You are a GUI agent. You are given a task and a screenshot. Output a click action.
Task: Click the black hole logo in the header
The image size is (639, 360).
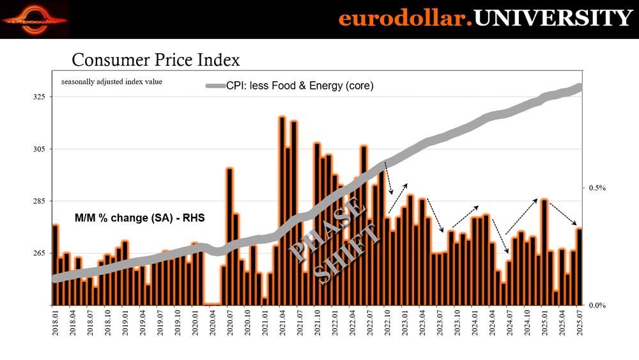35,20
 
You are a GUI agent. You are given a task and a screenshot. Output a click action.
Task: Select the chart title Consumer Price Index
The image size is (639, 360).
155,60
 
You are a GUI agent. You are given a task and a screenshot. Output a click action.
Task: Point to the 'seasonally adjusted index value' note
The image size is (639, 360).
111,82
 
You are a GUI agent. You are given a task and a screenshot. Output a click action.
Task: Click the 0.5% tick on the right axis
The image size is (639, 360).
596,188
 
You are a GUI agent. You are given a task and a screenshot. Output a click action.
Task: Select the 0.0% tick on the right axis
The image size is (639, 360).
596,305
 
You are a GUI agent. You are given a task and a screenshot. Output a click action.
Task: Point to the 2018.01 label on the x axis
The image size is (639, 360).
56,322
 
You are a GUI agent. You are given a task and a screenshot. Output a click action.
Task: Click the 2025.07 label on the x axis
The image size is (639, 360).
579,322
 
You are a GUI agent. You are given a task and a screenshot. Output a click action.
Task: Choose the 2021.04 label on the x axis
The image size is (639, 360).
282,322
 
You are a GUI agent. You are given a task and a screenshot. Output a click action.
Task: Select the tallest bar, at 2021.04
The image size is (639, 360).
282,211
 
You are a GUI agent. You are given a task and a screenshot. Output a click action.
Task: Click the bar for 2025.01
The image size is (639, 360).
544,252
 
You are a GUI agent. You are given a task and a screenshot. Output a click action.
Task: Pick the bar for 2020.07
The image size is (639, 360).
229,237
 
